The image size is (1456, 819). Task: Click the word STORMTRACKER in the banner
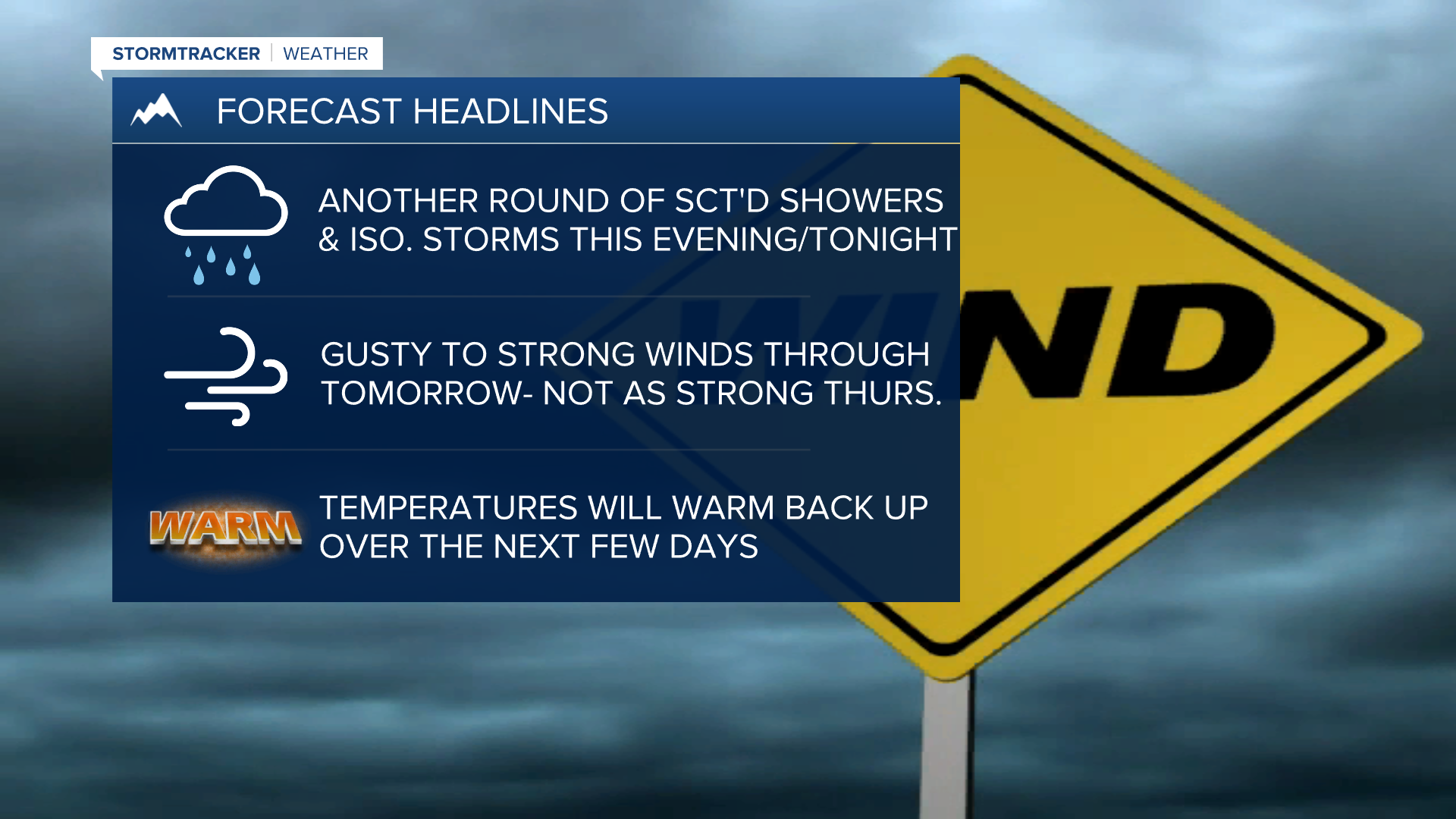point(186,54)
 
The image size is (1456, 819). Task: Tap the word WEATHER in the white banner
point(325,54)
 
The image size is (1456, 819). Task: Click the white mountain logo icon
point(156,110)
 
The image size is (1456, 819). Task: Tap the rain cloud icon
point(226,225)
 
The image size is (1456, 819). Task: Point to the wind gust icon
point(226,376)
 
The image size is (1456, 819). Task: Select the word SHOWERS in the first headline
point(861,201)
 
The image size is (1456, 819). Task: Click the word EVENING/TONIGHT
point(805,240)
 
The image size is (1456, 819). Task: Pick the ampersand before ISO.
point(329,240)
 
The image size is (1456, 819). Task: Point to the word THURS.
point(883,394)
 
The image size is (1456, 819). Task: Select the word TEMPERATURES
point(449,508)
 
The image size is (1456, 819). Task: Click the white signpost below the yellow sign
point(946,747)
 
